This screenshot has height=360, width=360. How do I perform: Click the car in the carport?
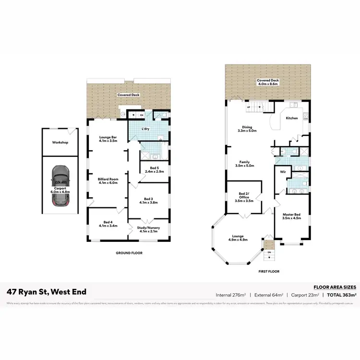click(x=60, y=186)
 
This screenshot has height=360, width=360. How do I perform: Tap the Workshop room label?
click(x=60, y=143)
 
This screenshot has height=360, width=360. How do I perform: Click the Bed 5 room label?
click(x=149, y=169)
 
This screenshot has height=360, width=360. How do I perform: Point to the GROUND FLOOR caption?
click(x=129, y=252)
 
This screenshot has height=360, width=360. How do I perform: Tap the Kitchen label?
click(x=292, y=118)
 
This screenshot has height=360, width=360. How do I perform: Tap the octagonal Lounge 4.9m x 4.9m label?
click(x=239, y=238)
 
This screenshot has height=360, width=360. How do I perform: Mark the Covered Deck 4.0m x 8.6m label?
click(x=268, y=83)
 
